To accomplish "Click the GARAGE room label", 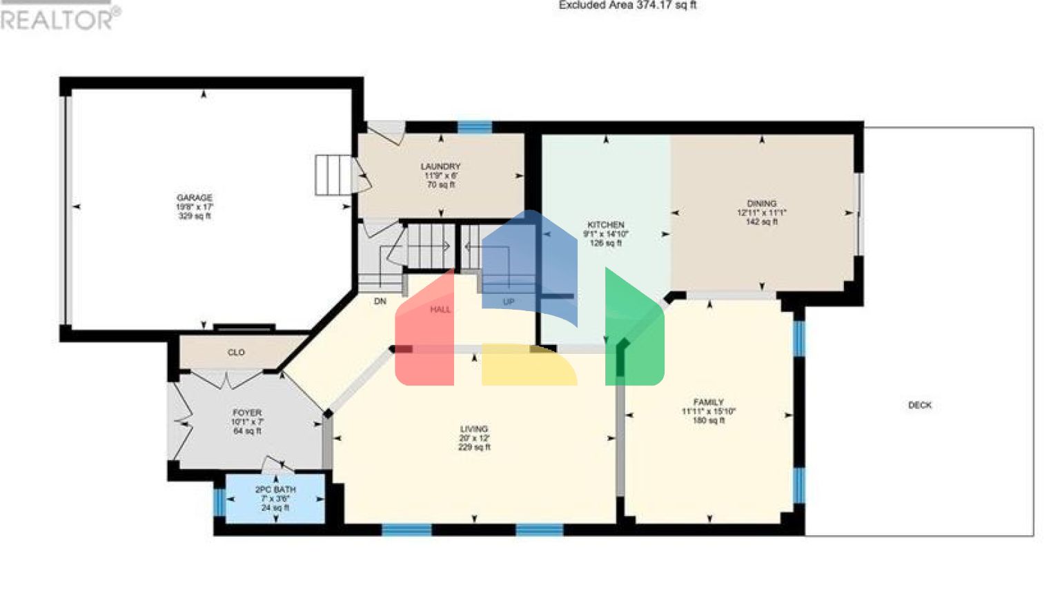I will (x=194, y=198).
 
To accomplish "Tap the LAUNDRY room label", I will (x=440, y=167).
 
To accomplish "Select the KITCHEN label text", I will (x=605, y=225).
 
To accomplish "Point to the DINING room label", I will (x=761, y=203).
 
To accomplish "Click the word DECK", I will (x=919, y=406).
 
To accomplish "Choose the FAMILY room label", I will (x=708, y=402).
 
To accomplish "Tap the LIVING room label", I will (x=474, y=429).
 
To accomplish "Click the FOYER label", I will (x=246, y=413).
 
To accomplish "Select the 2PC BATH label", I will (x=275, y=490).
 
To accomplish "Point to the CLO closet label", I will (x=236, y=352).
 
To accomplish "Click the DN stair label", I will (x=380, y=301).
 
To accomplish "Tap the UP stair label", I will (x=509, y=302).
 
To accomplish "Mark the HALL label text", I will (x=440, y=310).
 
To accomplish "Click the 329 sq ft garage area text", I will (x=194, y=216).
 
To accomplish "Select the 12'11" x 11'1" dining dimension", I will (x=761, y=213).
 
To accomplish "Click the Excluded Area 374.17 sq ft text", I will (x=627, y=6).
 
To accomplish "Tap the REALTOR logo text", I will (x=58, y=19).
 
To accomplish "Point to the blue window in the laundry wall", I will (x=475, y=127).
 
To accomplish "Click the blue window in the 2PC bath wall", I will (x=219, y=502).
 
